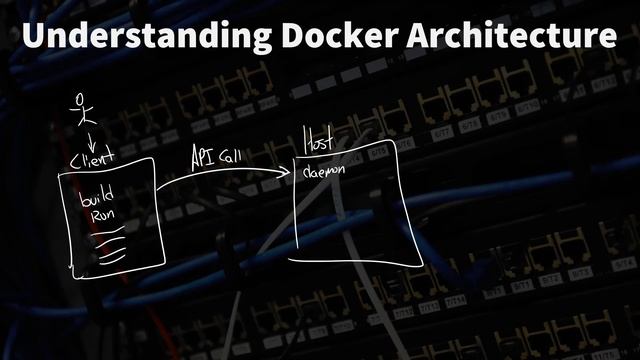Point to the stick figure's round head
(x=82, y=99)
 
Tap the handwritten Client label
(x=92, y=157)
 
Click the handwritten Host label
(x=318, y=141)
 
